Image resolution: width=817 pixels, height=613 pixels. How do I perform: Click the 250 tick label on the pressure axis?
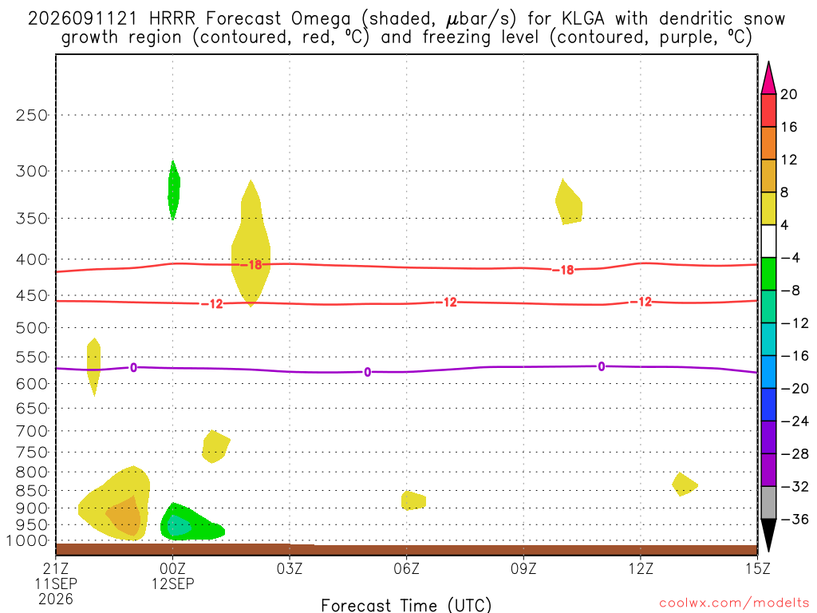(x=32, y=115)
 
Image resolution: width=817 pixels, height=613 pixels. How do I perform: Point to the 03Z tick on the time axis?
(x=290, y=568)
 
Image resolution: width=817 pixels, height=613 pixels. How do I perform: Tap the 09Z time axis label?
(x=523, y=568)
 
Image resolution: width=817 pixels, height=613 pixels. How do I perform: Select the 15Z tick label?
(x=757, y=568)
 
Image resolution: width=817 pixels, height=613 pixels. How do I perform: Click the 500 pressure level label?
(x=32, y=328)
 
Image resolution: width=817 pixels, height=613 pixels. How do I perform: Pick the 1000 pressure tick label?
(x=28, y=540)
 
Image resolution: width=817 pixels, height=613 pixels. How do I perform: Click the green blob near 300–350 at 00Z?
(x=173, y=190)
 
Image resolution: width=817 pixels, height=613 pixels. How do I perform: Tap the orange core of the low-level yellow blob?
(x=124, y=516)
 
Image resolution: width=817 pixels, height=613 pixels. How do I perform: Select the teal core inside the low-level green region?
(x=178, y=525)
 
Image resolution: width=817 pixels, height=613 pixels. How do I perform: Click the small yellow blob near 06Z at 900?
(x=413, y=500)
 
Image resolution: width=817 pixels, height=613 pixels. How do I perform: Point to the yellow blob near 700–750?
(x=215, y=447)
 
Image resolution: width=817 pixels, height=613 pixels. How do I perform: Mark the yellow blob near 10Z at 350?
(x=568, y=204)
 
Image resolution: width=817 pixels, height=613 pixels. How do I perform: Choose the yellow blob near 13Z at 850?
(x=684, y=484)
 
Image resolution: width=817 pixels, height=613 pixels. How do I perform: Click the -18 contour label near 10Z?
(x=563, y=270)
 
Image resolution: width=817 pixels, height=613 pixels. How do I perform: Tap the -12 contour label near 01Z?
(x=212, y=304)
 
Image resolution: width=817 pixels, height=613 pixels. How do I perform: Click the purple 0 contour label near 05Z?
(x=367, y=372)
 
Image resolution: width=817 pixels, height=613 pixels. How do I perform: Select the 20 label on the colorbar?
(x=789, y=94)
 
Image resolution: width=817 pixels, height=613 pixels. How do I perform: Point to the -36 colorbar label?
(x=795, y=519)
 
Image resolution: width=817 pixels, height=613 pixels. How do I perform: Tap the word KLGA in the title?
(x=583, y=19)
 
